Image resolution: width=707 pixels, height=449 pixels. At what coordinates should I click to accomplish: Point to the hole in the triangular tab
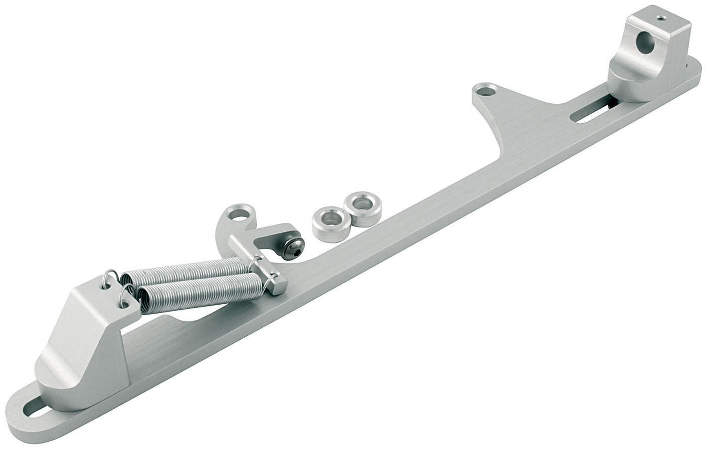[483, 92]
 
